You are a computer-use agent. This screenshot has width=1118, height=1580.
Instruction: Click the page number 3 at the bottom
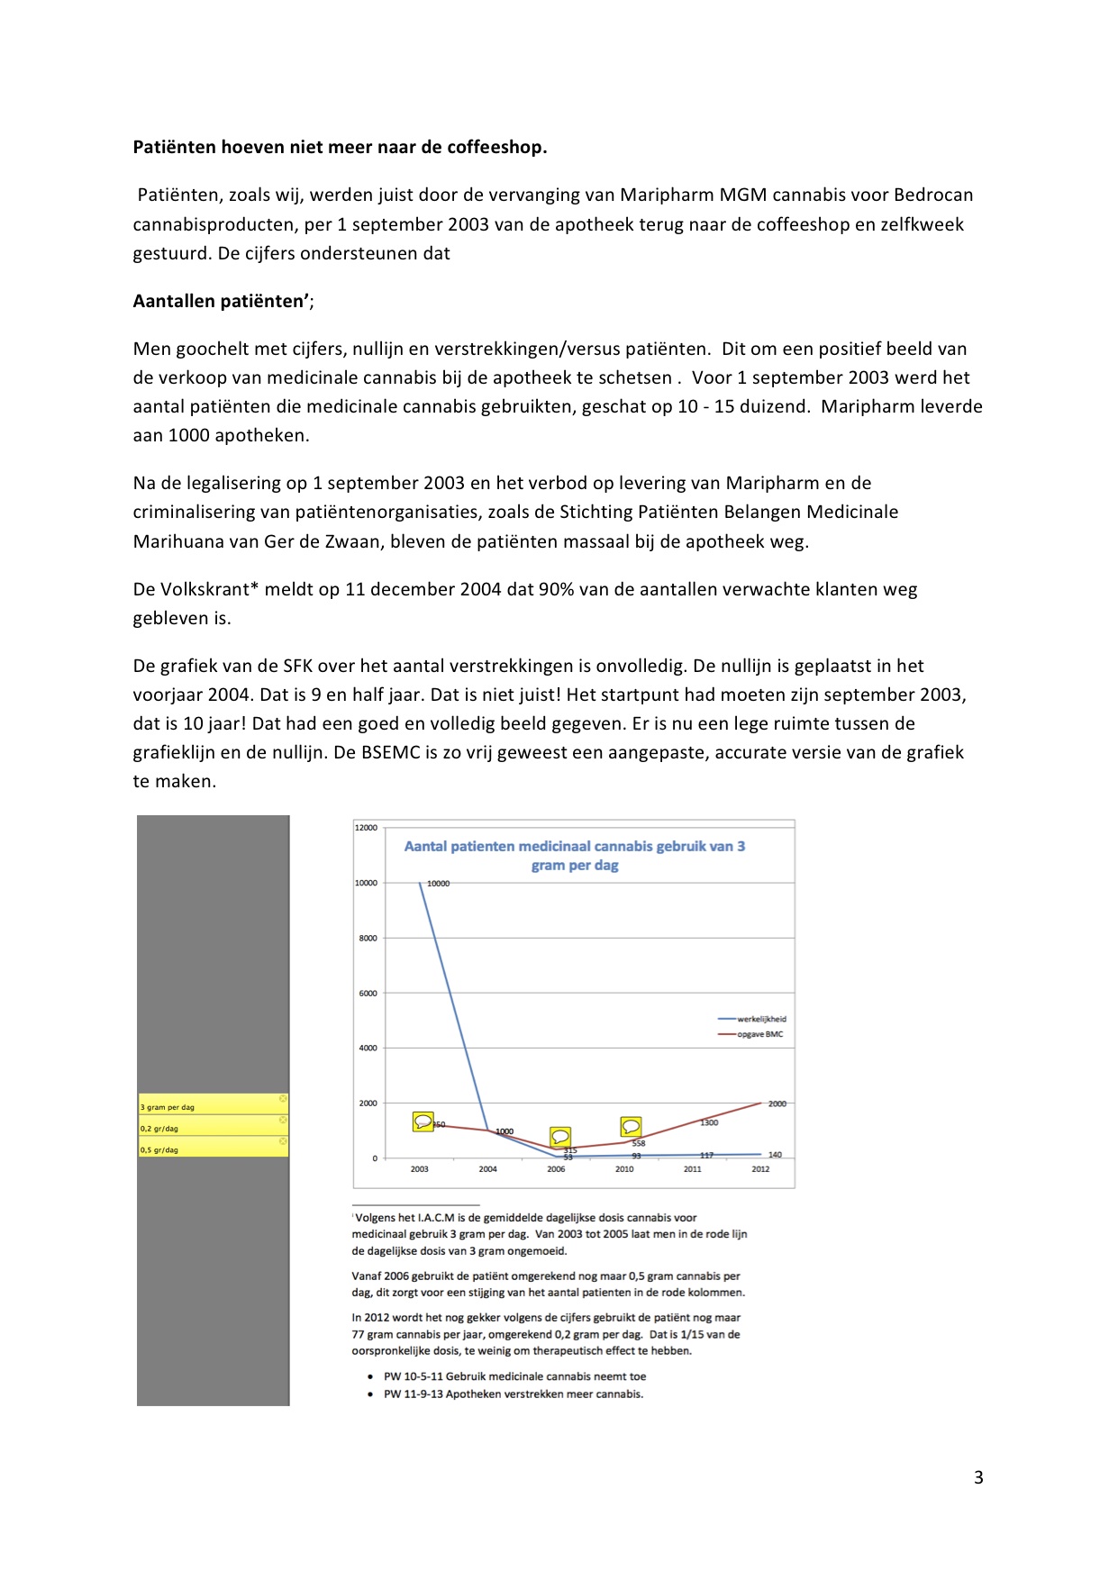click(978, 1477)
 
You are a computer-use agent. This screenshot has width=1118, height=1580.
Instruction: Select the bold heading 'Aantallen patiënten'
click(221, 302)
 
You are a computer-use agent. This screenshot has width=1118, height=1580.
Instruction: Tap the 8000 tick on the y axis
click(368, 939)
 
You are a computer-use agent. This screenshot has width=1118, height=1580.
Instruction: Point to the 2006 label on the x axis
click(556, 1169)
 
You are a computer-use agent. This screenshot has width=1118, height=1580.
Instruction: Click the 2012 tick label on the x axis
click(760, 1169)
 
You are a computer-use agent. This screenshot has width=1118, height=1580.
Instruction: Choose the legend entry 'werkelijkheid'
click(761, 1020)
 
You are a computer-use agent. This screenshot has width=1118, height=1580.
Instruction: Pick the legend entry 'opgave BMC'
click(759, 1034)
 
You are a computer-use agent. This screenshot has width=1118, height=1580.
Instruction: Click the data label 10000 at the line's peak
click(438, 884)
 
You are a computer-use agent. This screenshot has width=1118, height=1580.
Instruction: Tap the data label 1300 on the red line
click(709, 1122)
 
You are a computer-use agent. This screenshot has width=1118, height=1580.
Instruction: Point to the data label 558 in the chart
click(638, 1143)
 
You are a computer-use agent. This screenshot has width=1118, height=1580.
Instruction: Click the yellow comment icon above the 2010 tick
click(631, 1127)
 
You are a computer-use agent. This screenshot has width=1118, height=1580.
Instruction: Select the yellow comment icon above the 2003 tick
click(423, 1121)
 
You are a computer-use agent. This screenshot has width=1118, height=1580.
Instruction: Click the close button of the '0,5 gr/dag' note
click(283, 1141)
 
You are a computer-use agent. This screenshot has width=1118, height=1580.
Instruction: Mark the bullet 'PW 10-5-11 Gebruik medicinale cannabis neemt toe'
click(514, 1376)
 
